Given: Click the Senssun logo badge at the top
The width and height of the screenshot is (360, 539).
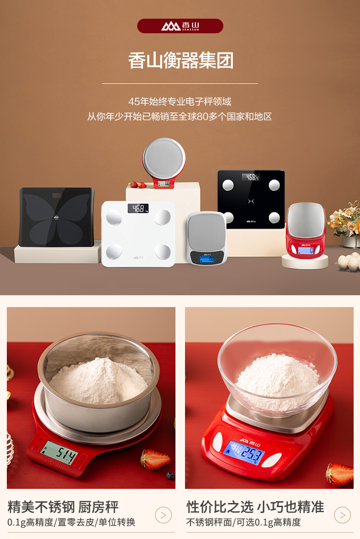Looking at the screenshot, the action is coord(180,26).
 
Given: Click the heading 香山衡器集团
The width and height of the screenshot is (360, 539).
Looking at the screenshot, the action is coord(180,61).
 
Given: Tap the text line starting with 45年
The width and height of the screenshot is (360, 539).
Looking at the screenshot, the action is coord(180,102).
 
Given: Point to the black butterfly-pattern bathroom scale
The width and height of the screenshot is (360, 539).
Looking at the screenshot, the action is coord(57,217).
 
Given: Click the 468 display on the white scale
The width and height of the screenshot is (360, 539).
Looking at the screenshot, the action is coord(138,208).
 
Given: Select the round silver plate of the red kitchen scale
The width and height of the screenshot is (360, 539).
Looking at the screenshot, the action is coord(164,158).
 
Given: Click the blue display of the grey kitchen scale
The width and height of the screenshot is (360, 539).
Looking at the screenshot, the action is coord(207,258).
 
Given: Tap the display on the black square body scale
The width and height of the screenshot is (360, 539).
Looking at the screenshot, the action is coord(251,177).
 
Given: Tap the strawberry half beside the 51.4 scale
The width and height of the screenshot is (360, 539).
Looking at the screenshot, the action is coord(155,459).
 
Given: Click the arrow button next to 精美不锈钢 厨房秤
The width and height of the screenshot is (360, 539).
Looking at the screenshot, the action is coord(163,515).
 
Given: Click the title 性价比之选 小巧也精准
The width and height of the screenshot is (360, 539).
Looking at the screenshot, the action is coord(255,507).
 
